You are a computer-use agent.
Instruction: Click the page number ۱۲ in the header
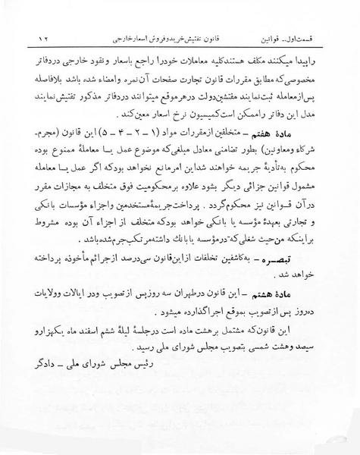coord(42,36)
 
